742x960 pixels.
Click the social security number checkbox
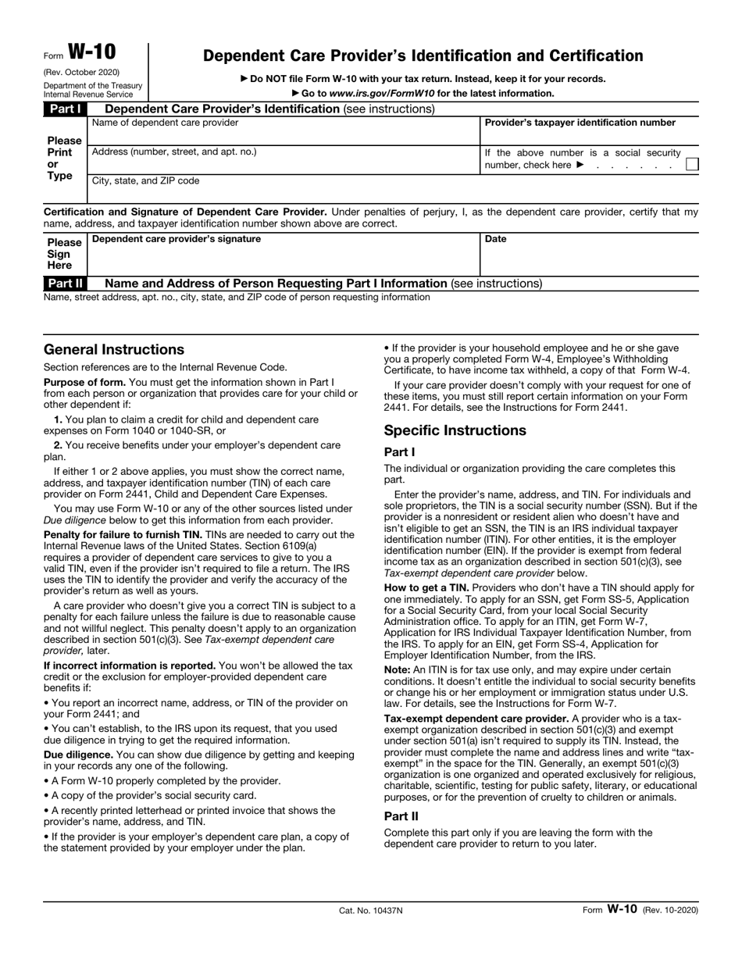click(x=691, y=165)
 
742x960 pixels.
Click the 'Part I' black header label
click(x=62, y=109)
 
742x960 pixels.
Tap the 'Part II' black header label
click(x=63, y=283)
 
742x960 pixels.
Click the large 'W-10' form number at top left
click(x=91, y=52)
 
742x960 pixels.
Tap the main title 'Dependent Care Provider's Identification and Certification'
click(x=423, y=55)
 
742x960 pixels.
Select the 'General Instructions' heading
click(x=114, y=349)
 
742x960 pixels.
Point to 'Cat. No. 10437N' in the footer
click(x=370, y=910)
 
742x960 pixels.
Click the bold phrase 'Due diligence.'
click(x=78, y=755)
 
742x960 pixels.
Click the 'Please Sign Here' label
click(x=63, y=254)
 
